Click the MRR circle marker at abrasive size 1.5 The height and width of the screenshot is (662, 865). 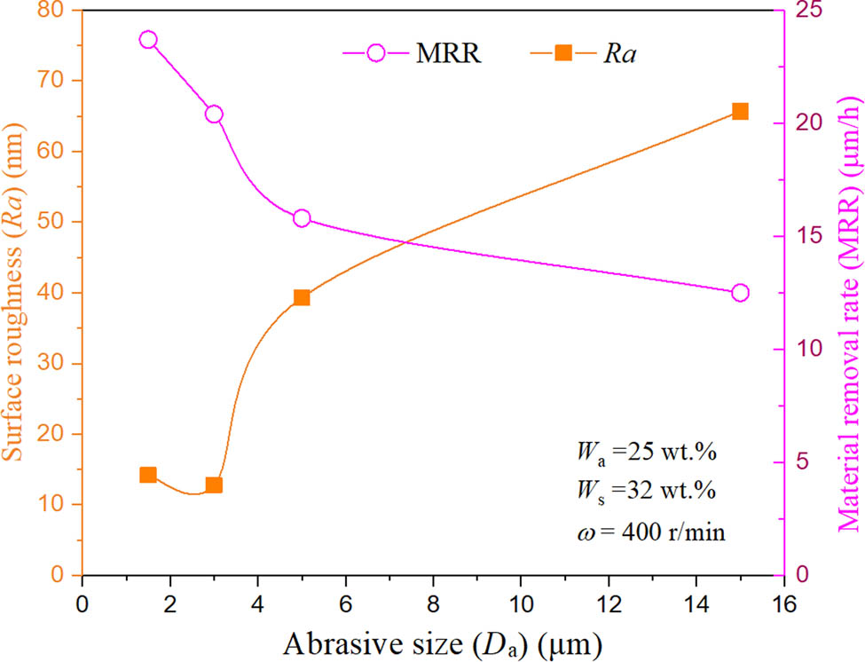click(148, 40)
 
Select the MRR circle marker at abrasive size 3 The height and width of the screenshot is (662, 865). click(214, 114)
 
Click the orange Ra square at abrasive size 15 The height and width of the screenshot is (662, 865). click(740, 111)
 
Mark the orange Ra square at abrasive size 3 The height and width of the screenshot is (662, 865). click(214, 485)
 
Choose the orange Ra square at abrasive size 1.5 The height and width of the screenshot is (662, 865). click(148, 475)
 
